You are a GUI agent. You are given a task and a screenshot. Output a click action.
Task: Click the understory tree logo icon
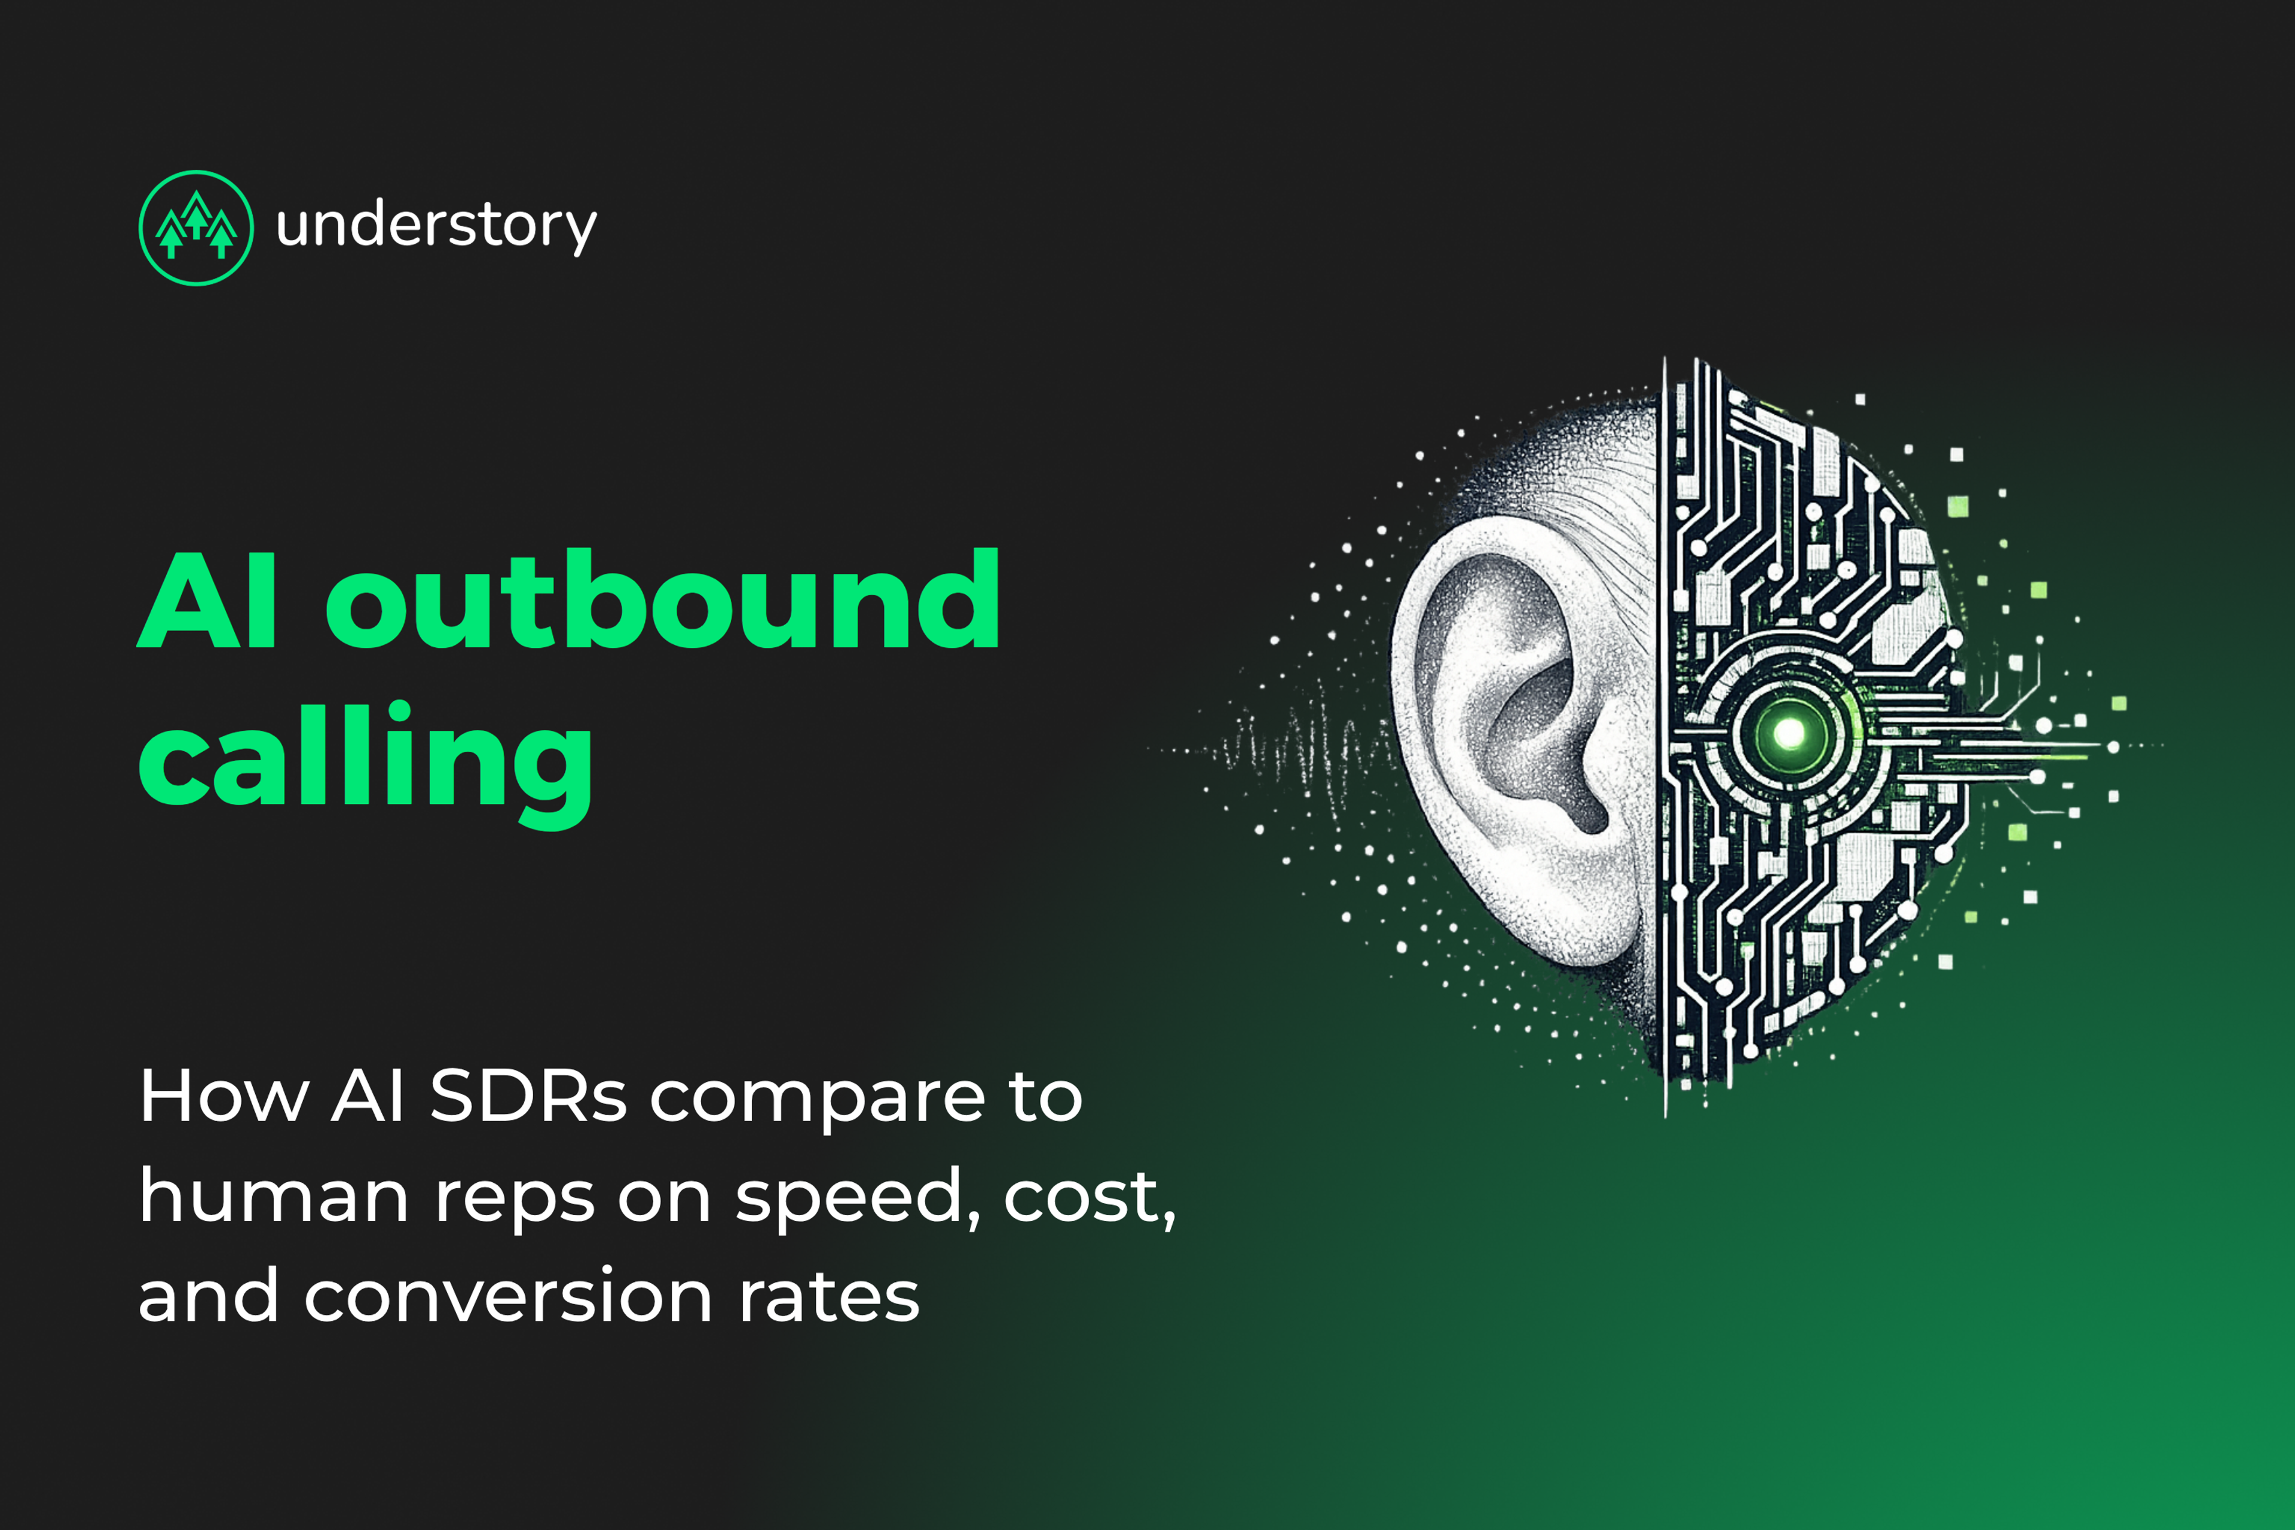196,228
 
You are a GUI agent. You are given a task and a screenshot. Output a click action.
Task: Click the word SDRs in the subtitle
528,1097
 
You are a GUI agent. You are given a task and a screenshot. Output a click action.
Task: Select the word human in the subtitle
273,1197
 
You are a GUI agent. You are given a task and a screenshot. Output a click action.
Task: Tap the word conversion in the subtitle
507,1298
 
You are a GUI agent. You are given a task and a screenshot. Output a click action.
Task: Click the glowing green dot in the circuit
1789,733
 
